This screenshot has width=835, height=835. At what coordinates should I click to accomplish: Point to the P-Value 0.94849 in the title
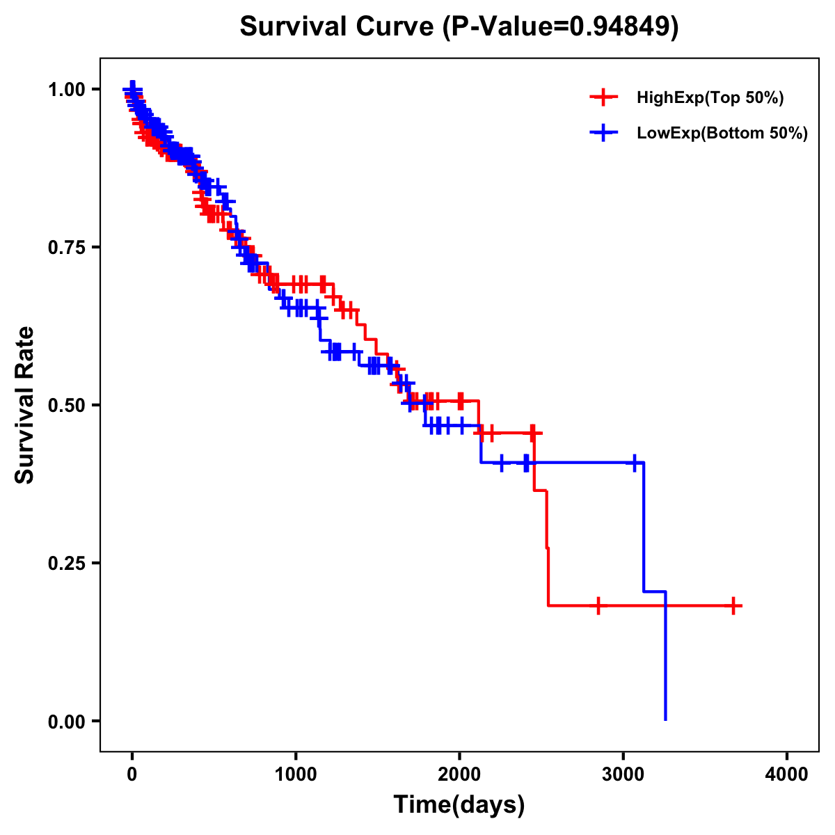click(621, 26)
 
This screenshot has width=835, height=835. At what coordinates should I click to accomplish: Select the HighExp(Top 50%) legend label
click(710, 98)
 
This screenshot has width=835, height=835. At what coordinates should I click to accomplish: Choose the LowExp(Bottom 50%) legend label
click(722, 134)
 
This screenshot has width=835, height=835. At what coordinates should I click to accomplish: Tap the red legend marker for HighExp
click(603, 98)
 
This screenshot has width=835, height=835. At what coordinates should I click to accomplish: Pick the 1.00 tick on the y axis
click(66, 90)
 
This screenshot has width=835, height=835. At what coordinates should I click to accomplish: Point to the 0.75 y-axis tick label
click(66, 248)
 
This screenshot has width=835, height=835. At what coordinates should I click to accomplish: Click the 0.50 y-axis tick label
click(66, 405)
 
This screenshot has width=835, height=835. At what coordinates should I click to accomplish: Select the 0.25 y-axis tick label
click(66, 563)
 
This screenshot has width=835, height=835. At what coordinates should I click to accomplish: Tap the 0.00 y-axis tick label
click(66, 721)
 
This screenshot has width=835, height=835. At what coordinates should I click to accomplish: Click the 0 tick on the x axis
click(132, 774)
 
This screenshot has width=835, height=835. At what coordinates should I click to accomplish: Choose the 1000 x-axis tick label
click(296, 774)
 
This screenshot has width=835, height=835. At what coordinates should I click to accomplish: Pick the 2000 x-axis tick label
click(459, 774)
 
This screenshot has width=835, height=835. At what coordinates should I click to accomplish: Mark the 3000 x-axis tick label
click(623, 774)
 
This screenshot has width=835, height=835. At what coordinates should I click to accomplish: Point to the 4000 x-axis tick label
click(787, 774)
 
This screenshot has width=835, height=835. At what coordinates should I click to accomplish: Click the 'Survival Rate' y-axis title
click(25, 405)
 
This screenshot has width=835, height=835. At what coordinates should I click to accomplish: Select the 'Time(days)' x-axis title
click(459, 805)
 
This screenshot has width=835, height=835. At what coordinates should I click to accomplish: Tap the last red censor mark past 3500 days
click(733, 605)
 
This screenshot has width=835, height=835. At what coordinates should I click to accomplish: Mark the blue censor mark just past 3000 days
click(635, 463)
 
